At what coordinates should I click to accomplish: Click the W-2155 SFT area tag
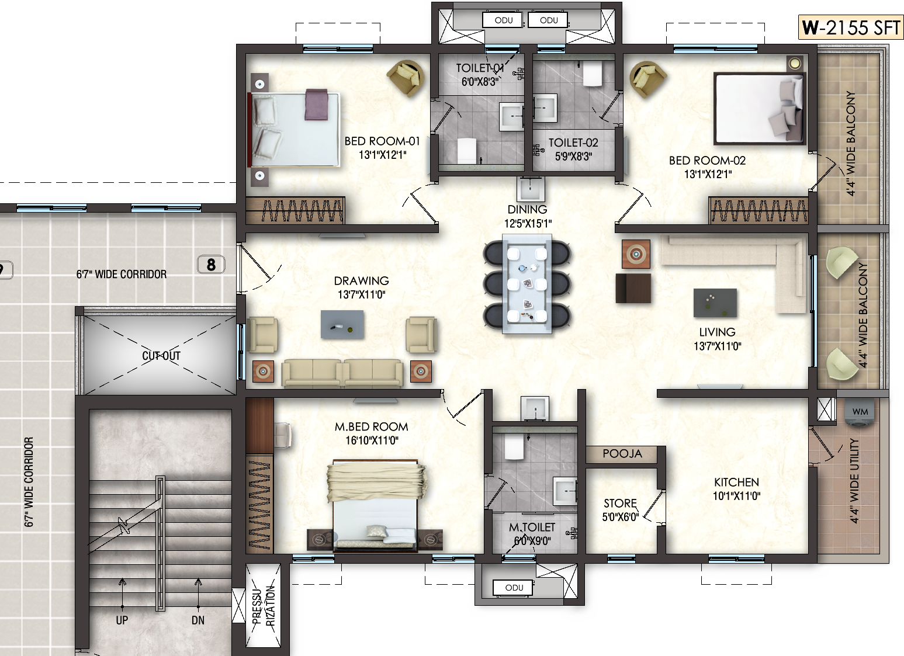click(850, 27)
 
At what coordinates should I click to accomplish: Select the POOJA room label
click(622, 454)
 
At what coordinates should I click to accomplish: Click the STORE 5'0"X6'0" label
click(620, 510)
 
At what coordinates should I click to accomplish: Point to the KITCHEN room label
click(736, 482)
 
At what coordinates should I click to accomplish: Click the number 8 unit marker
click(211, 265)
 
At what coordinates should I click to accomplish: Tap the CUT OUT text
click(161, 356)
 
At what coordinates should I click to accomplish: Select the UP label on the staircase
click(122, 620)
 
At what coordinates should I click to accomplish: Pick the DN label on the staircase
click(198, 620)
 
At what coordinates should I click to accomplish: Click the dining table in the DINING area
click(527, 284)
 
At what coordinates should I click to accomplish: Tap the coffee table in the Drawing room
click(342, 324)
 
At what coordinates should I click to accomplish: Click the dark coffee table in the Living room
click(715, 303)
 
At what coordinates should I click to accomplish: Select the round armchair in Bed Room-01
click(406, 78)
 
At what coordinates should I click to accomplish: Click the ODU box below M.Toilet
click(513, 588)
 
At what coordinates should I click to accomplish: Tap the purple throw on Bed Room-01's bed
click(317, 105)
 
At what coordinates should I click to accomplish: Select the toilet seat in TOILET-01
click(467, 150)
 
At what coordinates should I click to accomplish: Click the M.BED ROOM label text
click(371, 427)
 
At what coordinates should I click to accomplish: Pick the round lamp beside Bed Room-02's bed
click(795, 63)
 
